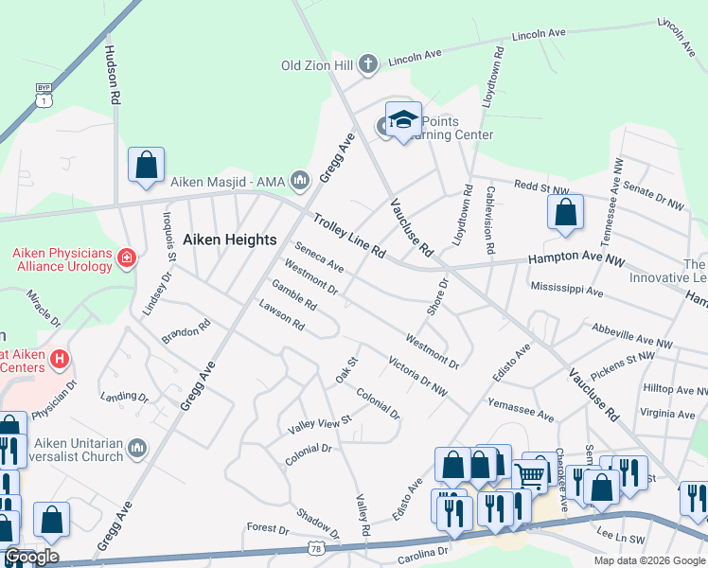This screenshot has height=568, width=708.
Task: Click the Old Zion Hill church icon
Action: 368,64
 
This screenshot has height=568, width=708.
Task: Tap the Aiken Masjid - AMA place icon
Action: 300,179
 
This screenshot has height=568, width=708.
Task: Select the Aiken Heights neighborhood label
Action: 229,240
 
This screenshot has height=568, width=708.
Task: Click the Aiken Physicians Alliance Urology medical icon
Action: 126,257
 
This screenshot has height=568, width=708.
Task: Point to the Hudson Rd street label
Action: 113,75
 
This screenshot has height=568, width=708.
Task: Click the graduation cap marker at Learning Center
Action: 403,120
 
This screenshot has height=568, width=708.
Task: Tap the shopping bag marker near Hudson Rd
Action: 147,165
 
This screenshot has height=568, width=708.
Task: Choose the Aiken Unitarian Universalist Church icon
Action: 137,447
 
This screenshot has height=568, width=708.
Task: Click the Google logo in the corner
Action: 31,557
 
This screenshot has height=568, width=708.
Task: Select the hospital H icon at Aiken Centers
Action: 60,359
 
